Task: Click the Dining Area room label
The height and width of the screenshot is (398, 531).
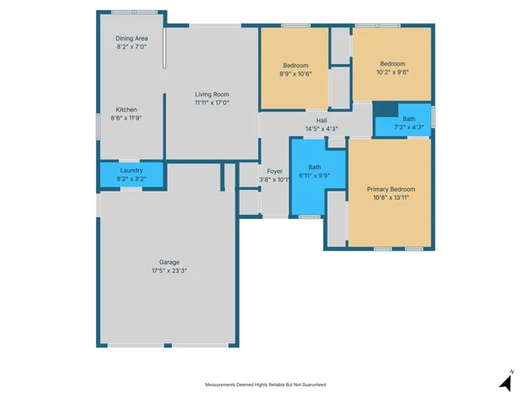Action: tap(132, 39)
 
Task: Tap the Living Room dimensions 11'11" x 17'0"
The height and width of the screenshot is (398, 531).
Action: tap(212, 103)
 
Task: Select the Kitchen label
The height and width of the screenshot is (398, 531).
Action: tap(126, 109)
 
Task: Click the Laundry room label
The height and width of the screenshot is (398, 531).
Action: tap(131, 170)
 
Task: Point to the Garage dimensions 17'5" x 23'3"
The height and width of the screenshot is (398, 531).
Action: tap(169, 270)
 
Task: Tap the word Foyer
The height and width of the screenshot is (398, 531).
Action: tap(275, 172)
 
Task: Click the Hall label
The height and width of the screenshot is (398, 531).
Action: tap(322, 120)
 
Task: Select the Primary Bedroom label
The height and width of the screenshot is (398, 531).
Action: tap(391, 189)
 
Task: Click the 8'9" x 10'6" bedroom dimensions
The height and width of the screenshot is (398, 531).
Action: tap(295, 74)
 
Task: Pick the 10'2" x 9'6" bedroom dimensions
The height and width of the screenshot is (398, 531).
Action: tap(392, 72)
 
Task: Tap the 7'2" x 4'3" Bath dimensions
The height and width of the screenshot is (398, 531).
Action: tap(409, 127)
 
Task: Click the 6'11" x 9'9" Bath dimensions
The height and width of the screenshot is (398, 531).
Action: tap(314, 176)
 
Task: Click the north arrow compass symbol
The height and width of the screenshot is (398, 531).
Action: tap(506, 381)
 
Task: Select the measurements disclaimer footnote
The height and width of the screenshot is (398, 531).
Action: tap(265, 385)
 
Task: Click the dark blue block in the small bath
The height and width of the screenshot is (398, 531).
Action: tap(386, 109)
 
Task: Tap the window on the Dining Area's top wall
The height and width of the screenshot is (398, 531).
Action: tap(134, 12)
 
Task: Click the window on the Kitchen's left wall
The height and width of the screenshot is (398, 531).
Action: tap(98, 127)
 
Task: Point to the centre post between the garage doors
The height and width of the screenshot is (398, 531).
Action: tap(168, 346)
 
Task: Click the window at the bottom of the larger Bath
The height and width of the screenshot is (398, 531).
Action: tap(309, 216)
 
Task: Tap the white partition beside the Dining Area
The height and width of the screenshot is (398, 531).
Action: tap(164, 48)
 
